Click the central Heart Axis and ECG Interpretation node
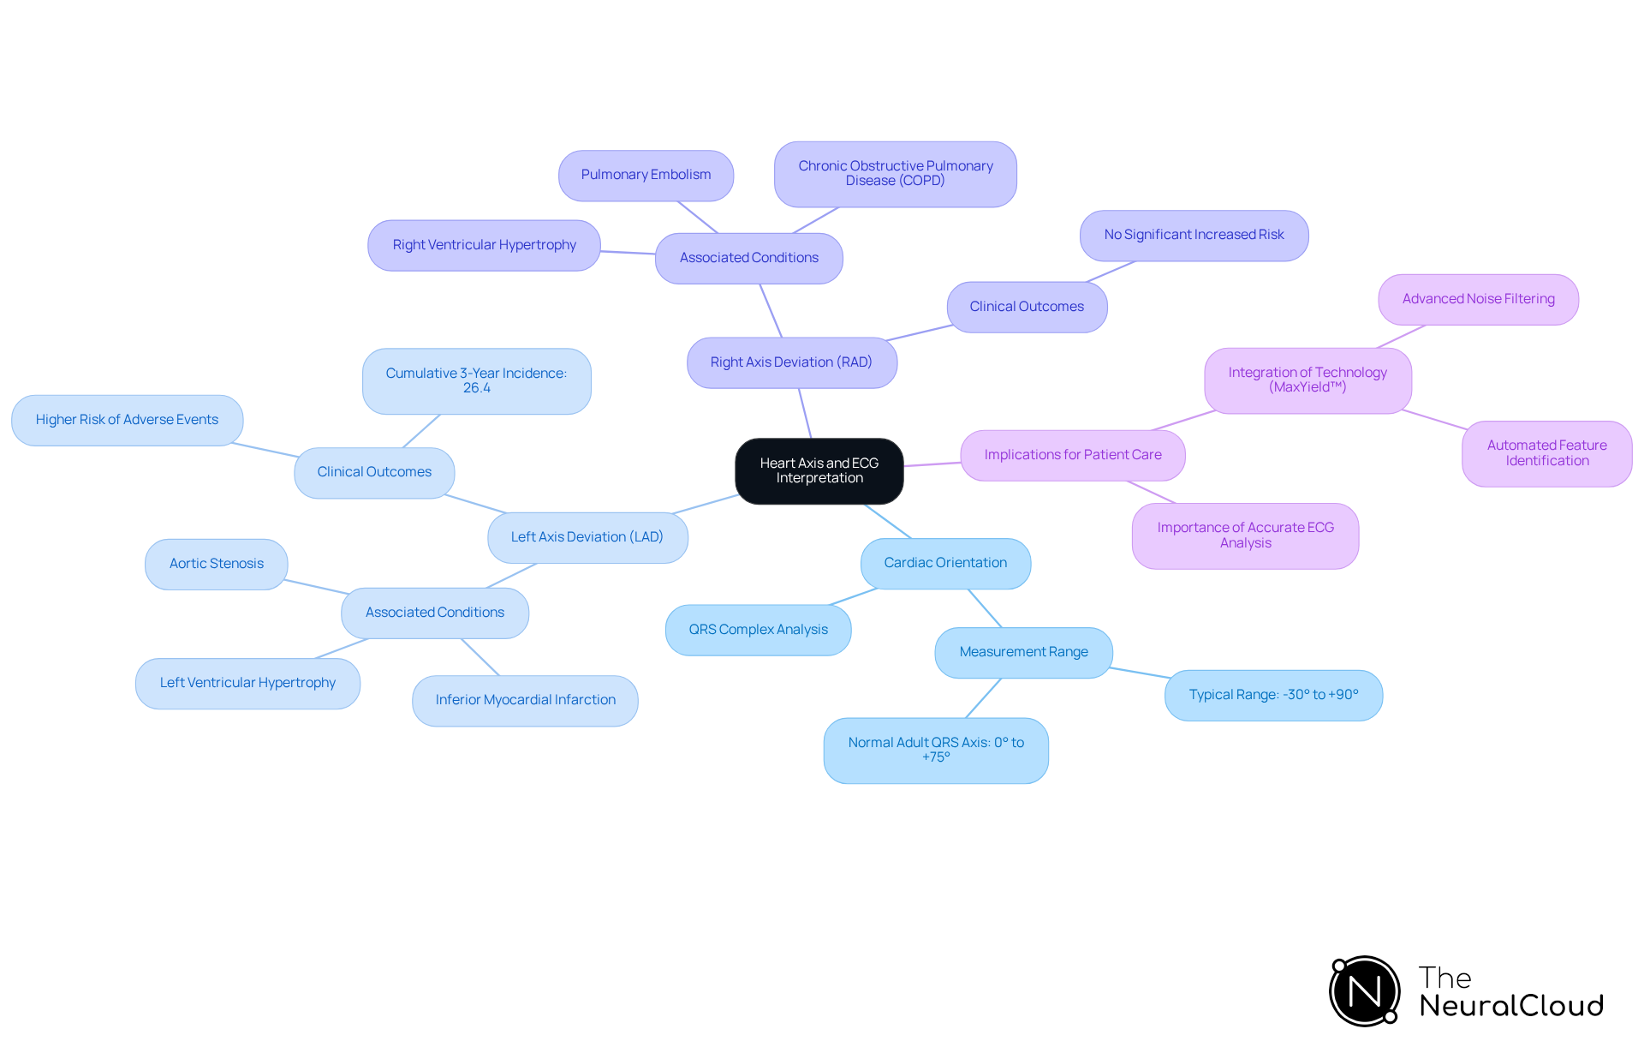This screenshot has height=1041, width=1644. (x=819, y=470)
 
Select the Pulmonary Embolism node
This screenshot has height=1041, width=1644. (x=646, y=175)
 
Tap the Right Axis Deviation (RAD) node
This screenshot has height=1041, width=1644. (x=791, y=362)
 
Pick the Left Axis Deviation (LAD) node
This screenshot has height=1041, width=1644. (x=587, y=537)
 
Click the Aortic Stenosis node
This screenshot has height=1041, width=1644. (x=217, y=564)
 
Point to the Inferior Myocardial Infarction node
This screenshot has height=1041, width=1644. (x=525, y=700)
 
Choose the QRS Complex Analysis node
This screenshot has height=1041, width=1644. (x=758, y=630)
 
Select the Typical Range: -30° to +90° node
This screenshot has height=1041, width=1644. (x=1273, y=695)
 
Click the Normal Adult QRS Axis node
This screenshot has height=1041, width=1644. (x=936, y=750)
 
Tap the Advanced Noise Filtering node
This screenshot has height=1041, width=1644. (x=1478, y=299)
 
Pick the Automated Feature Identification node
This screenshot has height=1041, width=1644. (x=1546, y=453)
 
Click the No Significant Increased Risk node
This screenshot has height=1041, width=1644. (x=1194, y=235)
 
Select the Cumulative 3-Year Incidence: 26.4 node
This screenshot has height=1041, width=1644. (x=476, y=380)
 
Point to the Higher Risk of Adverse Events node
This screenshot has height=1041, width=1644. (x=127, y=420)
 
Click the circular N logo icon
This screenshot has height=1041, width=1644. (x=1364, y=991)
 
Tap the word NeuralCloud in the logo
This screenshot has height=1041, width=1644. (x=1511, y=1006)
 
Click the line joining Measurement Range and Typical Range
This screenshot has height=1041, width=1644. (x=1140, y=673)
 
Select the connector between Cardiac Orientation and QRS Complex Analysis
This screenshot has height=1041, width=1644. (x=855, y=596)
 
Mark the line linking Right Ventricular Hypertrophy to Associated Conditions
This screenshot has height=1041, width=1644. (x=628, y=253)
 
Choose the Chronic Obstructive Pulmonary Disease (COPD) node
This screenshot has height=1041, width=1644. (x=896, y=174)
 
